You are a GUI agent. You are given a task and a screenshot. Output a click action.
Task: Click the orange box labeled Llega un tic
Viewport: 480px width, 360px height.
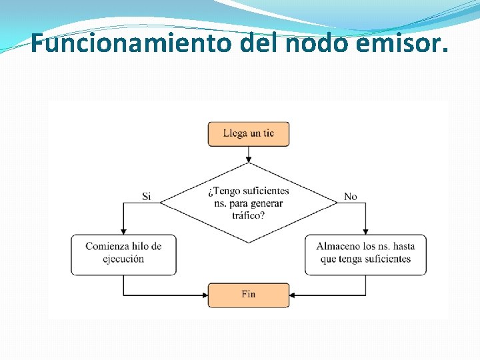[x=249, y=133]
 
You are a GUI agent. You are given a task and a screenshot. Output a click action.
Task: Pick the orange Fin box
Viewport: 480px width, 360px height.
[x=249, y=294]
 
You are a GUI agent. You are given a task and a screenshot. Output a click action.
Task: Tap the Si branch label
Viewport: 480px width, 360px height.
[x=147, y=197]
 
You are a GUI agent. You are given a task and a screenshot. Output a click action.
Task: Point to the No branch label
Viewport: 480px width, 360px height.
[x=351, y=197]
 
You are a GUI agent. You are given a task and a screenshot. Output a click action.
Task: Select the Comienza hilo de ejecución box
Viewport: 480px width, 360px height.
[x=124, y=253]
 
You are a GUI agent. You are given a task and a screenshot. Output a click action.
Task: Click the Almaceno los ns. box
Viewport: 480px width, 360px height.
[x=365, y=253]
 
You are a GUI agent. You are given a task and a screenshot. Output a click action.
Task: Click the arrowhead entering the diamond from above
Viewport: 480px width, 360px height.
[x=249, y=160]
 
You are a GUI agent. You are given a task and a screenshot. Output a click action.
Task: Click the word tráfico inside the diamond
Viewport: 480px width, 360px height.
[x=247, y=215]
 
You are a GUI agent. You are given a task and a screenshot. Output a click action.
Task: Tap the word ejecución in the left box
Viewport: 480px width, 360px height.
[x=124, y=259]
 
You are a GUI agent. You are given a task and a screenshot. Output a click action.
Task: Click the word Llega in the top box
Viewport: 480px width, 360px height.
[x=235, y=133]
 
